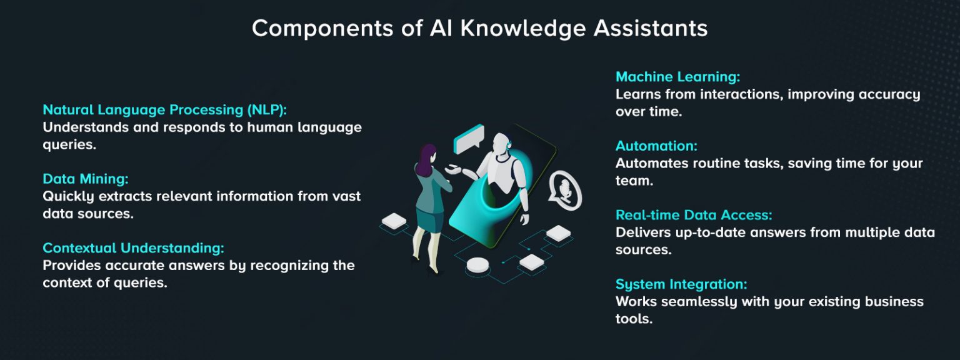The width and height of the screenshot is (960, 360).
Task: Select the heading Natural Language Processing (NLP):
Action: coord(164,110)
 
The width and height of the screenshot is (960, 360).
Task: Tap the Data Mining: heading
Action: coord(86,179)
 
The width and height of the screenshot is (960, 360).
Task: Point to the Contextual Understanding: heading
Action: coord(133,248)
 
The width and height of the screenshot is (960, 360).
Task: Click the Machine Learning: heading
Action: coord(677,77)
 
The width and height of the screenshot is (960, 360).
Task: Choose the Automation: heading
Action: coord(656,146)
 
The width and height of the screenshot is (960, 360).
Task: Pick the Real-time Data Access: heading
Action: coord(694,215)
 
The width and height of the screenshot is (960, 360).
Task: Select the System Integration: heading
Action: coord(681,284)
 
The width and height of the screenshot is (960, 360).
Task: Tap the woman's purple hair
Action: coord(428,159)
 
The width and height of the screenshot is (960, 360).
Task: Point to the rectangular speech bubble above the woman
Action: coord(469,139)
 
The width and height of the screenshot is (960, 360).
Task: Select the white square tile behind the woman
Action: coord(394,221)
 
